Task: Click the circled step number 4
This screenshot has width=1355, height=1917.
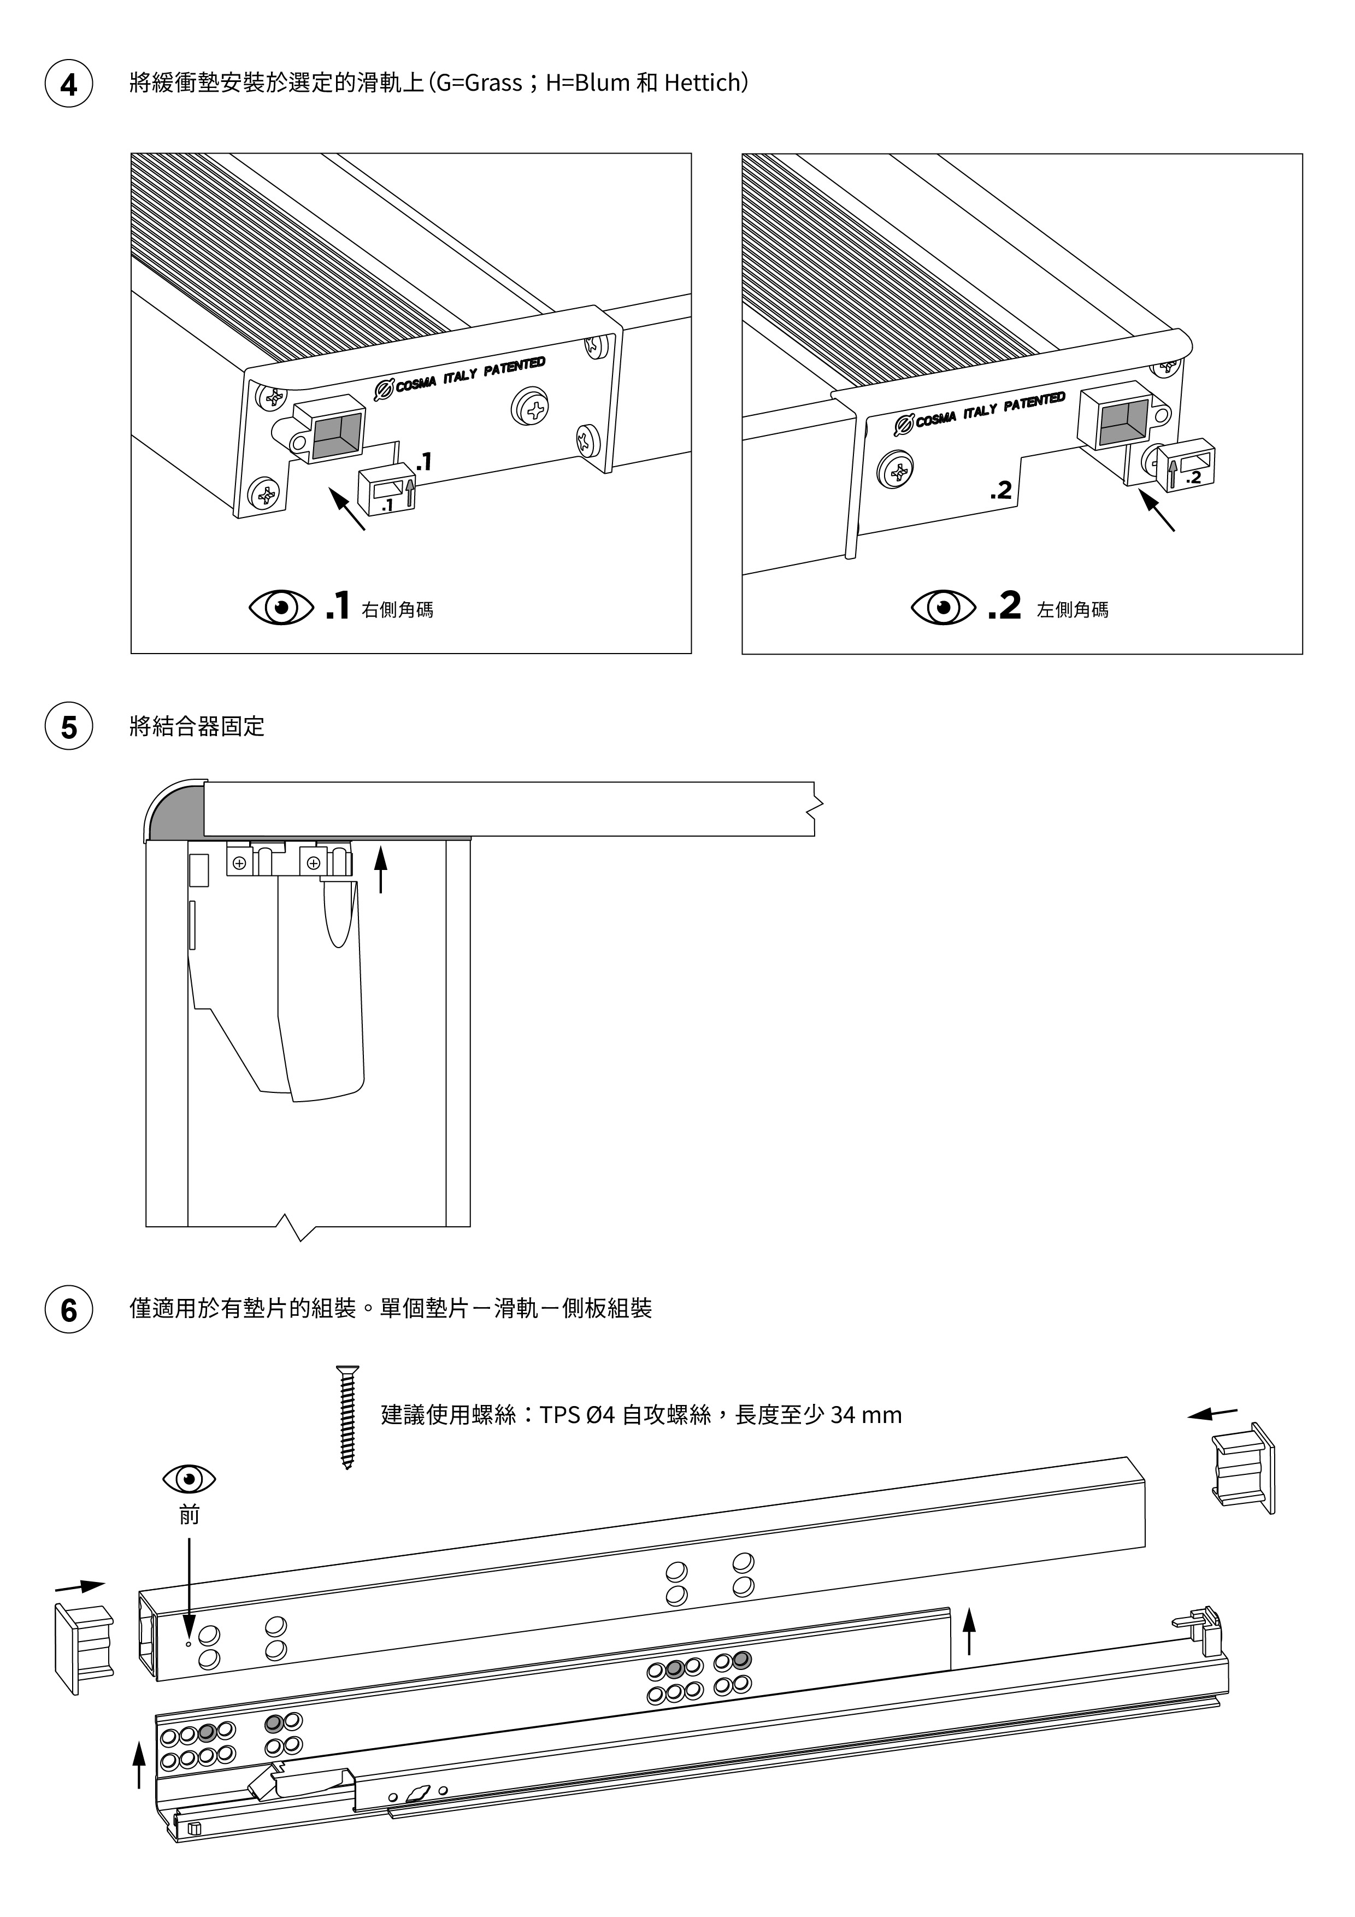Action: point(68,84)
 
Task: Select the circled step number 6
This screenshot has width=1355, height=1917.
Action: point(68,1309)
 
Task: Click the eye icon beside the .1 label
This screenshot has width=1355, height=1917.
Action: point(281,607)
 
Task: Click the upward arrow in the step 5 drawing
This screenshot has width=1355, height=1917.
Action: point(381,868)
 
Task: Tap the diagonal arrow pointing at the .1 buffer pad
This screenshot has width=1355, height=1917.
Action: point(347,509)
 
